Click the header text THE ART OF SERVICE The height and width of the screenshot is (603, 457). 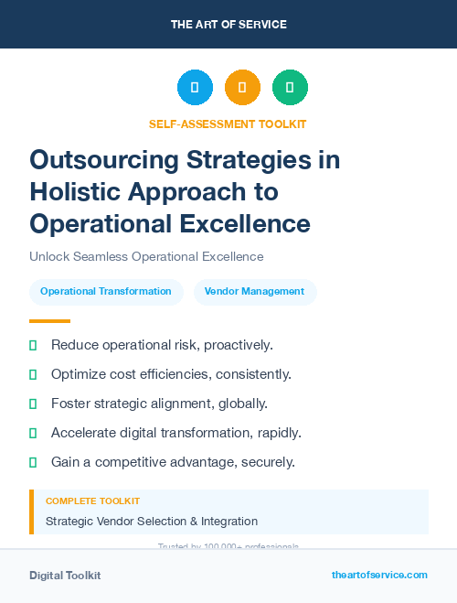[x=228, y=25]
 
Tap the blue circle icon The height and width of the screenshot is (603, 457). [x=195, y=88]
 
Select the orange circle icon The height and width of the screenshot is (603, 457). [x=242, y=88]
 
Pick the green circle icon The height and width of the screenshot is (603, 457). [x=290, y=88]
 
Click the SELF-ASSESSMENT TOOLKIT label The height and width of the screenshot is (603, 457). [x=228, y=124]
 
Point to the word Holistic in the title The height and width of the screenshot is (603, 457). [x=71, y=191]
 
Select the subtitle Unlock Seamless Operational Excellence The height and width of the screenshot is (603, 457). [x=146, y=256]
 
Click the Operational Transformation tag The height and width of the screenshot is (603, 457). [x=106, y=292]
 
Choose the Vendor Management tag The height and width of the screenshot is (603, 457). [x=254, y=292]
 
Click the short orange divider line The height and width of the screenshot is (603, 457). [x=49, y=321]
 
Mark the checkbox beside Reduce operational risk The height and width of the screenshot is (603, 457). [x=33, y=345]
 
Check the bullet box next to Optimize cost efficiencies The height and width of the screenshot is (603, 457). [x=33, y=374]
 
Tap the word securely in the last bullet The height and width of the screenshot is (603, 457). [x=267, y=462]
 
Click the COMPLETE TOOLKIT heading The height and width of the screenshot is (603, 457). [x=92, y=501]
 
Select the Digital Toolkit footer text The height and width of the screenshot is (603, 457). [x=65, y=576]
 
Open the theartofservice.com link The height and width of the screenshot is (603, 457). [x=379, y=575]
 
